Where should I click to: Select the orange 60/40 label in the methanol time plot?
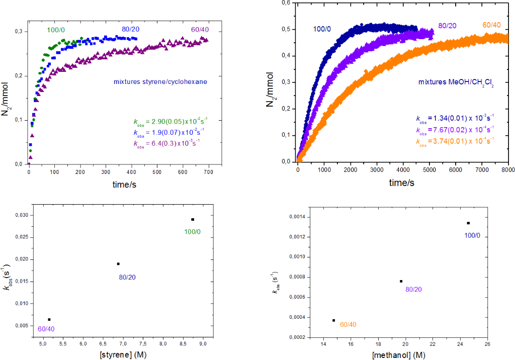coord(491,25)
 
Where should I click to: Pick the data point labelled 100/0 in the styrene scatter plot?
coord(193,219)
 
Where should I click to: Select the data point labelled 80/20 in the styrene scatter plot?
coord(118,263)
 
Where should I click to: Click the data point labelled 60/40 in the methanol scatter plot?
coord(333,320)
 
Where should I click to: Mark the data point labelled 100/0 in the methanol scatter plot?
coord(468,223)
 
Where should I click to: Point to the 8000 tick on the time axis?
coord(508,170)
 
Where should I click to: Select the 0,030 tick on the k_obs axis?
coord(20,215)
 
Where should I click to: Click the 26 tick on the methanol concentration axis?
coord(487,345)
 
